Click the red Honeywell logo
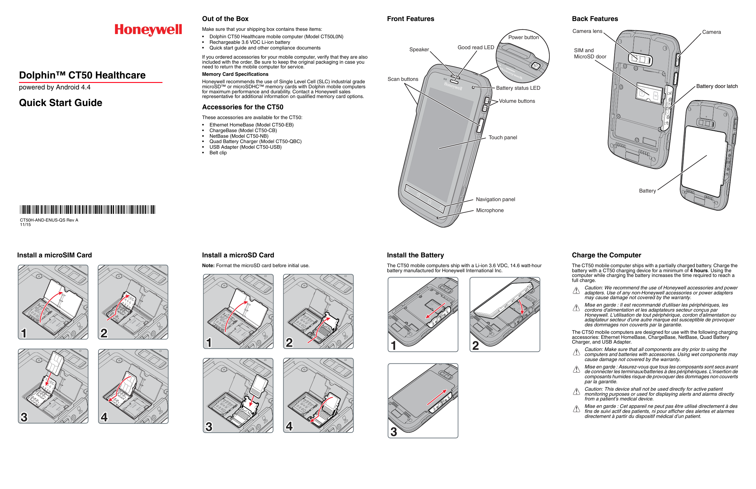[148, 30]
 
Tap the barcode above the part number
[87, 209]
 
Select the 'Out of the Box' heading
[225, 19]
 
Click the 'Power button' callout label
[523, 37]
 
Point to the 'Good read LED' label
[476, 47]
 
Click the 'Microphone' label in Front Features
[489, 210]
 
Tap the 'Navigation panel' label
[495, 199]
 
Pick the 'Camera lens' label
[587, 31]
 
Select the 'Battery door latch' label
[717, 86]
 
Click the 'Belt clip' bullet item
[218, 153]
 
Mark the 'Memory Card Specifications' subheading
[235, 74]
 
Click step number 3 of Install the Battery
[394, 432]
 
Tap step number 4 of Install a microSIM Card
[104, 417]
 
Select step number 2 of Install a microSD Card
[289, 342]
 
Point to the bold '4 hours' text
[698, 271]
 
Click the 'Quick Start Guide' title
[61, 103]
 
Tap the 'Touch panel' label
[503, 137]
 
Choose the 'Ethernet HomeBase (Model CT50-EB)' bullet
[251, 125]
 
